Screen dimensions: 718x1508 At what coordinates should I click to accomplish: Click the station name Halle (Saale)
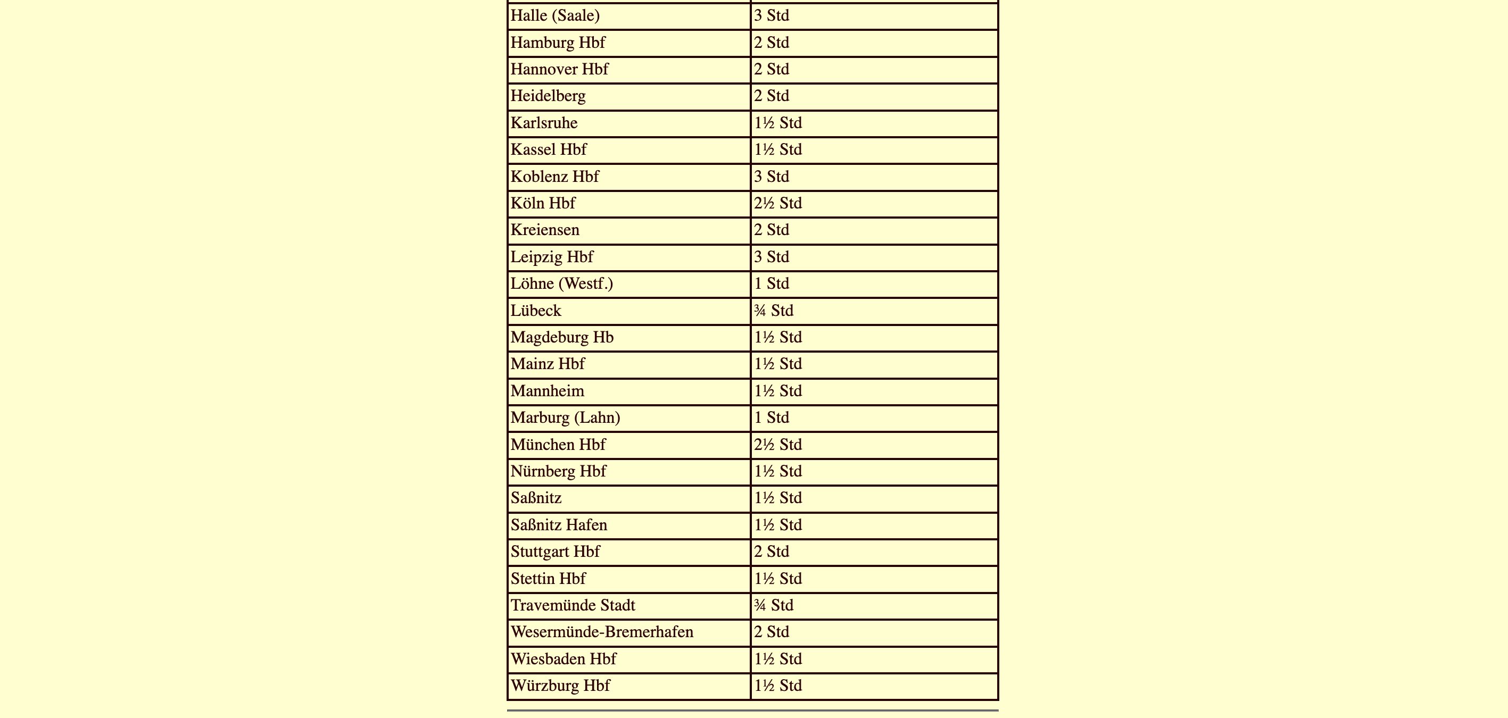click(555, 16)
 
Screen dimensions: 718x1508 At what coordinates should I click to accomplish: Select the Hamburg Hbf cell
click(557, 43)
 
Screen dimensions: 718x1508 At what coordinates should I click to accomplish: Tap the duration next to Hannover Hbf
click(771, 69)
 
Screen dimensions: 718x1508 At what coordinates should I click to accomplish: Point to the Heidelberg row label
click(548, 96)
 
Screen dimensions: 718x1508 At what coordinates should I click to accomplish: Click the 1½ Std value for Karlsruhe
click(777, 123)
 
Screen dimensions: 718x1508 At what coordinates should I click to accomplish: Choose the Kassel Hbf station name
click(548, 150)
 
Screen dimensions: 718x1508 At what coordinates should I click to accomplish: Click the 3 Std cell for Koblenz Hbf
click(771, 177)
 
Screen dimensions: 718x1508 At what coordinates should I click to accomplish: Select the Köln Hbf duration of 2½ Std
click(777, 203)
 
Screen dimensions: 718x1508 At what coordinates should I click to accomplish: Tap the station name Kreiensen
click(544, 230)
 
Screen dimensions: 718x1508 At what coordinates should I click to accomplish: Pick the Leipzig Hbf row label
click(551, 257)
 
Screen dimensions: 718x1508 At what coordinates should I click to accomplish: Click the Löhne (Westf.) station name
click(561, 284)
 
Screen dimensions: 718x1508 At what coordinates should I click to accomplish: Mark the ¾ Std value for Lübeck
click(773, 311)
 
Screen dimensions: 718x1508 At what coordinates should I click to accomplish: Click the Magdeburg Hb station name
click(561, 337)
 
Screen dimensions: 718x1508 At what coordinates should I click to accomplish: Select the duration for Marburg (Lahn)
click(771, 418)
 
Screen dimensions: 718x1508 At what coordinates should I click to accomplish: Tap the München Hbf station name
click(557, 445)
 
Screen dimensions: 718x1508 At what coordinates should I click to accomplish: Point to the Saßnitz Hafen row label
click(559, 525)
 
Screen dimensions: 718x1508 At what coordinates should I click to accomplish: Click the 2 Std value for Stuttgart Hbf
click(771, 552)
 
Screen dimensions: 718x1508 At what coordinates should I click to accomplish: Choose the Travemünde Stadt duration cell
click(773, 605)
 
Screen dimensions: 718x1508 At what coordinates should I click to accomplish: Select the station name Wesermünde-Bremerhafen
click(601, 632)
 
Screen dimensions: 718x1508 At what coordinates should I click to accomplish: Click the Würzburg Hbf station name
click(560, 686)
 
